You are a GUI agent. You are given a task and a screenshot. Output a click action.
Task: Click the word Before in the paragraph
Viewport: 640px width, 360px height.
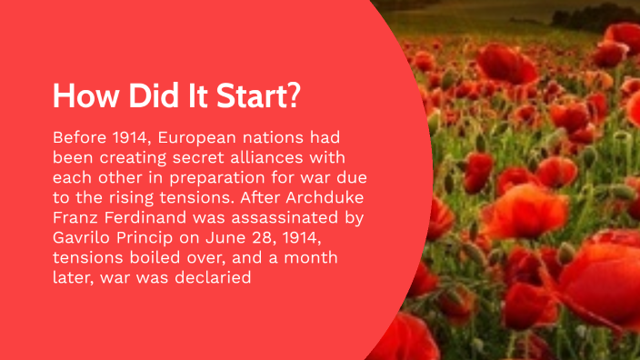79,137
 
